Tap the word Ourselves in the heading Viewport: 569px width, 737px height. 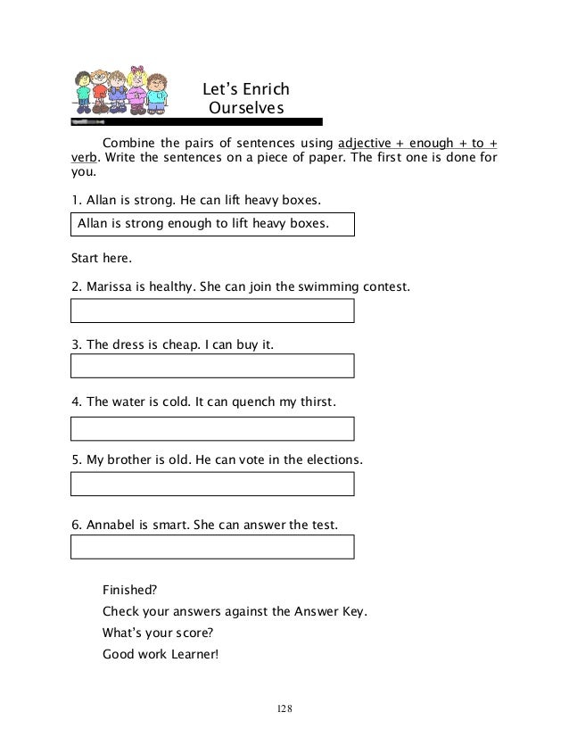[x=245, y=109]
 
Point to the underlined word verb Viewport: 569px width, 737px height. [x=84, y=159]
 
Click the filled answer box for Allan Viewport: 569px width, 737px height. [x=212, y=224]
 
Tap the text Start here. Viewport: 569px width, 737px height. [x=101, y=259]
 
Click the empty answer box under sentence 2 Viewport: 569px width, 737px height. [x=212, y=311]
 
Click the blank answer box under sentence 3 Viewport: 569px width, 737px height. [x=212, y=366]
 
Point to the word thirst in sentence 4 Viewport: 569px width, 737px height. [x=316, y=402]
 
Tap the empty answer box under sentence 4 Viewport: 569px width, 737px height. [x=212, y=428]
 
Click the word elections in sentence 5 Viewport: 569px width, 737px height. [x=331, y=460]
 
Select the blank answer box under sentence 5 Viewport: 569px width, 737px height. [x=212, y=484]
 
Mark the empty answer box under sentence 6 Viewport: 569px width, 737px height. [x=212, y=546]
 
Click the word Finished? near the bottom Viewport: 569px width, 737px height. [x=130, y=590]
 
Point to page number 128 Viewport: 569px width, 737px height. [x=284, y=708]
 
